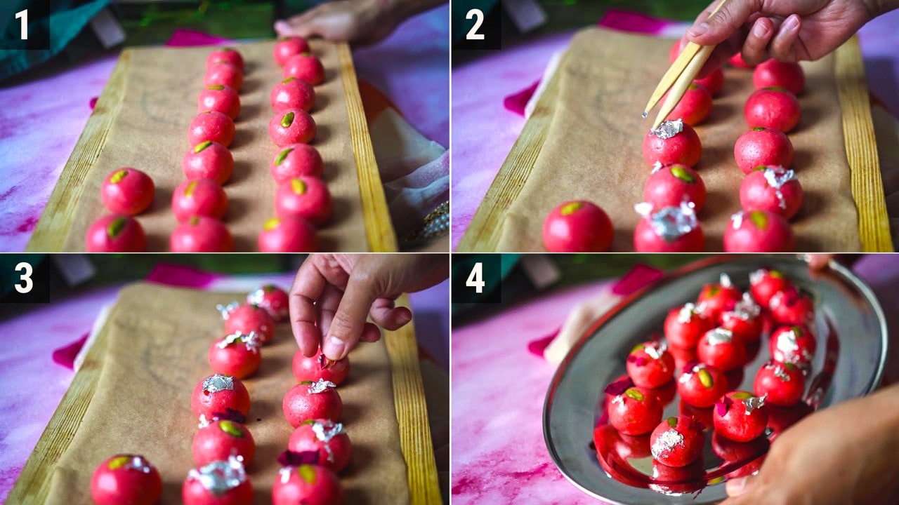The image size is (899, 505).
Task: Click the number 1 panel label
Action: coord(22,25)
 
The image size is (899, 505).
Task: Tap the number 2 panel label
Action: coord(475,25)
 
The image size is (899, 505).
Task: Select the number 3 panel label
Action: coord(24,278)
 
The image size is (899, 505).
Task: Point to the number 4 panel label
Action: coord(475,278)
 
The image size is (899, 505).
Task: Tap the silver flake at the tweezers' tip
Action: coord(645,114)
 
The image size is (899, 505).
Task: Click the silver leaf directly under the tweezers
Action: coord(667,128)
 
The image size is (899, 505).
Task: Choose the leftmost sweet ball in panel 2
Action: coord(577,227)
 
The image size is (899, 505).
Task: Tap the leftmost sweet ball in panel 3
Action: coord(126,480)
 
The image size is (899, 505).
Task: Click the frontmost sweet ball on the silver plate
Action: coord(677,442)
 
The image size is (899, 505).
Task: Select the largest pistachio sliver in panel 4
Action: coord(705,378)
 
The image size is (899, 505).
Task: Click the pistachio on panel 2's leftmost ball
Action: coord(571,208)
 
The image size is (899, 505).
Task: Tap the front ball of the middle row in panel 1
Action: coord(202,235)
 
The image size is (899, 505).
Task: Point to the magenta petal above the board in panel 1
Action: coord(192,38)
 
